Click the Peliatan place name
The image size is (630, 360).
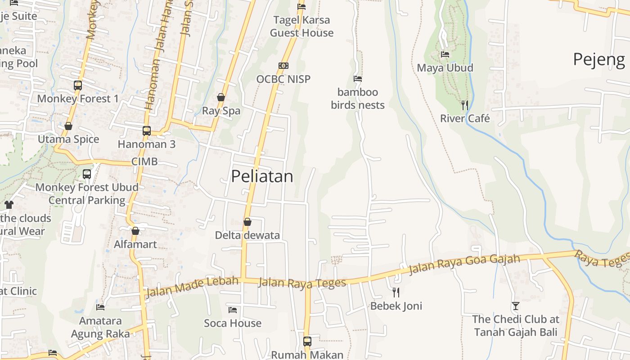click(262, 176)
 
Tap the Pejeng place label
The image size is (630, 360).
click(599, 59)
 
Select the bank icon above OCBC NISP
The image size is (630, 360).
click(283, 66)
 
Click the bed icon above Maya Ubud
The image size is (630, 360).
click(445, 54)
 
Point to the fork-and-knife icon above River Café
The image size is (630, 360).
click(465, 105)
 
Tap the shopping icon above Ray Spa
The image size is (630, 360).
click(221, 97)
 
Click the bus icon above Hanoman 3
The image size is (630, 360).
click(147, 131)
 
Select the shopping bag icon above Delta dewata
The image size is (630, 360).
click(247, 222)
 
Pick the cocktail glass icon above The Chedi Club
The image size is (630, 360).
click(516, 306)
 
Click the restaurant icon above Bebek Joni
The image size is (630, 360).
click(396, 292)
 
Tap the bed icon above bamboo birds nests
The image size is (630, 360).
click(358, 79)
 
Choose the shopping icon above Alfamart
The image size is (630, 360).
click(135, 231)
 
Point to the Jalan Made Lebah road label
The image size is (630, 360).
click(191, 287)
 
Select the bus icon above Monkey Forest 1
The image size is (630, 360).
click(78, 85)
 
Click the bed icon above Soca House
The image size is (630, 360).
click(233, 310)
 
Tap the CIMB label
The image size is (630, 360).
click(144, 161)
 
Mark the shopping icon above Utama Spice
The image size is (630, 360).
click(68, 126)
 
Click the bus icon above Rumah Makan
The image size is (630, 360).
click(307, 342)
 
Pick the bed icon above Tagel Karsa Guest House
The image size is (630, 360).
click(301, 7)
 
